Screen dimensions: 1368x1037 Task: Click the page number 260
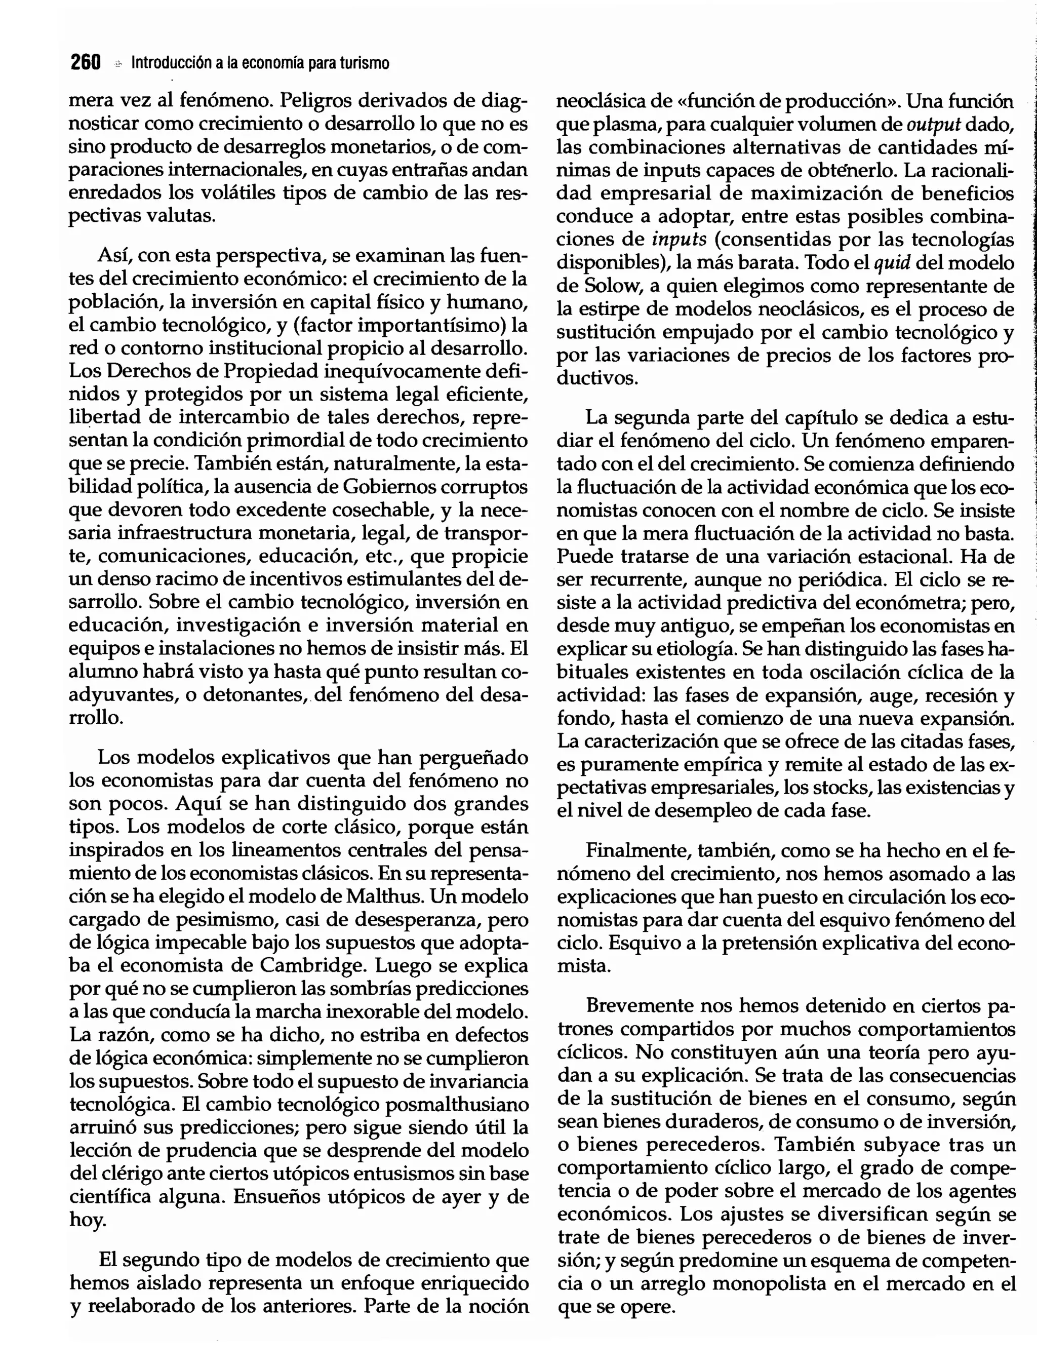point(86,62)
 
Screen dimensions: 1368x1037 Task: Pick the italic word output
point(933,124)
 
